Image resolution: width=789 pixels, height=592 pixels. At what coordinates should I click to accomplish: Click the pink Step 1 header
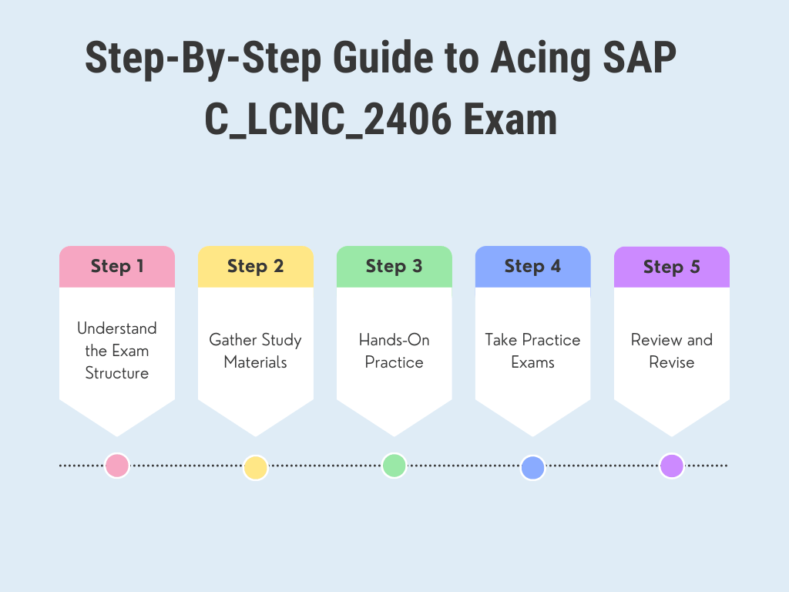click(x=117, y=267)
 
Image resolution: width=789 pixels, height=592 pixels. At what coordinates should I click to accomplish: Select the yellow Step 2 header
click(x=256, y=267)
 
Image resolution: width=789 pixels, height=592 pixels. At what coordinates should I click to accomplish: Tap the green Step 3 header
click(x=394, y=267)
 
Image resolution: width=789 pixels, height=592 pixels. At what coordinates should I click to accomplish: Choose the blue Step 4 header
click(x=533, y=267)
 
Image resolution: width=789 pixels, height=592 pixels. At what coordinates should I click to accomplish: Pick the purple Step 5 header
click(x=672, y=267)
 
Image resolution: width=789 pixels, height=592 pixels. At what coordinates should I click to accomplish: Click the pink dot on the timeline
click(x=117, y=466)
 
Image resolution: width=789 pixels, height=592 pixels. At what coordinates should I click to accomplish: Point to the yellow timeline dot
click(x=256, y=467)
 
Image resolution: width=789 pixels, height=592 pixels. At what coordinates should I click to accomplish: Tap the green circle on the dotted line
click(x=394, y=465)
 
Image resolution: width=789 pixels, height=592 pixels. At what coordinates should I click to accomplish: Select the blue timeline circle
click(x=533, y=468)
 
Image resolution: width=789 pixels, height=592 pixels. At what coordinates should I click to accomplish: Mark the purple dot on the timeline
click(x=672, y=466)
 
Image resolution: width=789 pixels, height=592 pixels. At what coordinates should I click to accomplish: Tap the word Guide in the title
click(x=383, y=57)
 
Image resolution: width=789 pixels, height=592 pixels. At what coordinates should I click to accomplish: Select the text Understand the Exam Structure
click(x=117, y=351)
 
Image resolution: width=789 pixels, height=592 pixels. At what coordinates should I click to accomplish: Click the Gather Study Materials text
click(x=256, y=351)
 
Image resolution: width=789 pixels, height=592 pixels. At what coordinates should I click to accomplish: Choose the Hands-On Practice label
click(x=394, y=351)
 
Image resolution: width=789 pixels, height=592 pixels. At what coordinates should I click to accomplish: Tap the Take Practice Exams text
click(x=533, y=351)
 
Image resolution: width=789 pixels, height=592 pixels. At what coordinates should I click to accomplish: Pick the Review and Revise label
click(x=672, y=351)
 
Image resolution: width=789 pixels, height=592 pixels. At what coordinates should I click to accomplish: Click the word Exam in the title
click(x=510, y=119)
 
